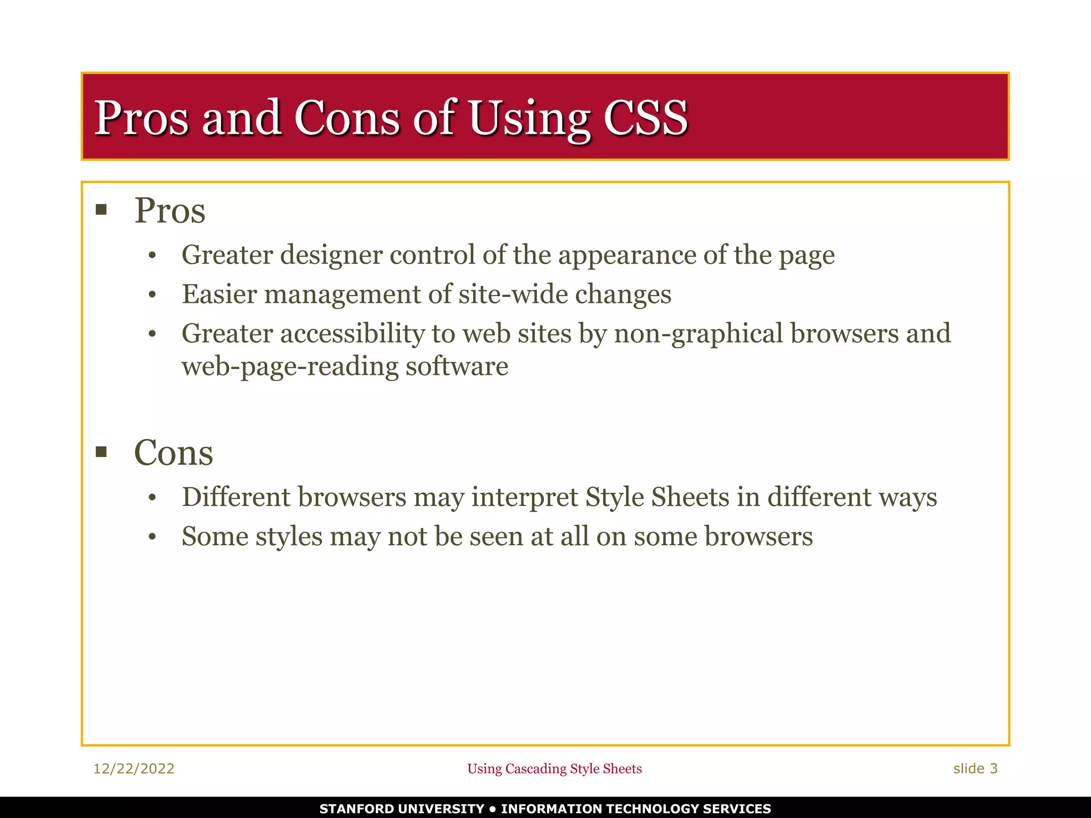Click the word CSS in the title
tap(646, 118)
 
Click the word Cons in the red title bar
tap(347, 118)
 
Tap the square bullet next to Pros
tap(101, 209)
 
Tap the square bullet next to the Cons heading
tap(101, 452)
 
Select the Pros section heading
tap(169, 210)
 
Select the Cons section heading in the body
tap(173, 453)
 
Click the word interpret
tap(524, 498)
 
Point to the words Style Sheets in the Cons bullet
tap(657, 497)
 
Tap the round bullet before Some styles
tap(152, 537)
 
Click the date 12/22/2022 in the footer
tap(134, 768)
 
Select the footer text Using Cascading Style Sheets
tap(554, 768)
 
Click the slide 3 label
tap(975, 768)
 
